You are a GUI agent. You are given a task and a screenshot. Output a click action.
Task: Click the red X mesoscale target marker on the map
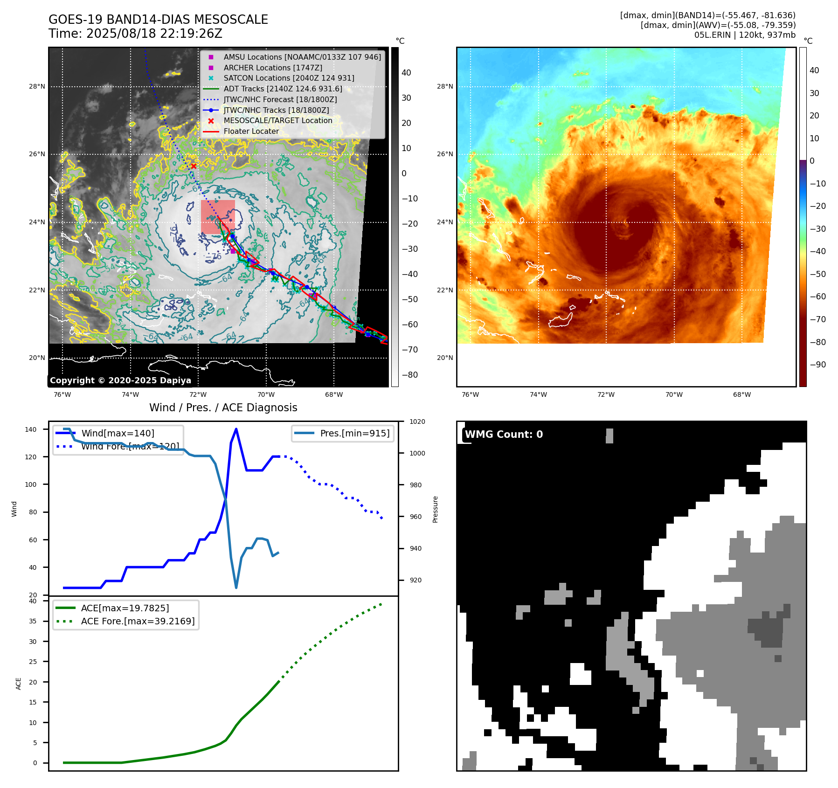point(194,166)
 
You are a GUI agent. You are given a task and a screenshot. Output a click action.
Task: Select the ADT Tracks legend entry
point(283,89)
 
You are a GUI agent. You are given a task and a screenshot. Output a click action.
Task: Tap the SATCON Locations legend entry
point(289,78)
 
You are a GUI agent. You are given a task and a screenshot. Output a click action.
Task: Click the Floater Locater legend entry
point(251,131)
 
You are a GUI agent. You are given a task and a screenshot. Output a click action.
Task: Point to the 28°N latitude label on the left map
point(37,86)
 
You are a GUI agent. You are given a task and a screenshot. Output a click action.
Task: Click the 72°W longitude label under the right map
point(606,394)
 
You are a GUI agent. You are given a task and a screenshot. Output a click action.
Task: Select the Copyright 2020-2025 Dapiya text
point(120,380)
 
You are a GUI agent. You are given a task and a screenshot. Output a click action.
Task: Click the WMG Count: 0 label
point(504,435)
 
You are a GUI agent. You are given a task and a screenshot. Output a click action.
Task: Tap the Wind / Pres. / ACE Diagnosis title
point(223,408)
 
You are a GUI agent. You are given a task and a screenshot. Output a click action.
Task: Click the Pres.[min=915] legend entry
point(354,433)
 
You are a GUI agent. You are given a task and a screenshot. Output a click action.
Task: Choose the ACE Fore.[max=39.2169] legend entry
point(138,621)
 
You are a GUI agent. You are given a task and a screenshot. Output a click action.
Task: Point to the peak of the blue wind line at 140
point(236,429)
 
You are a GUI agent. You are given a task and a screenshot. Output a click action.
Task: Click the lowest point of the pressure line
point(236,588)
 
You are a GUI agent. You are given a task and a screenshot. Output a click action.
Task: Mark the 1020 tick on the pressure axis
point(417,422)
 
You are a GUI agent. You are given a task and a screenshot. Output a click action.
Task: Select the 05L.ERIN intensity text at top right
point(745,35)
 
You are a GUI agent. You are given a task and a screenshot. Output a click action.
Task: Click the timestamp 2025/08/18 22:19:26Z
point(154,34)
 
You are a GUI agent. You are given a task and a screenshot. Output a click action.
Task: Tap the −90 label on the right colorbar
point(817,365)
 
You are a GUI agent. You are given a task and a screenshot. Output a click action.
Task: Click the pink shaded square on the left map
point(218,217)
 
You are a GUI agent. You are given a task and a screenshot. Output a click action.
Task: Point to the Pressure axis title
point(435,509)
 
